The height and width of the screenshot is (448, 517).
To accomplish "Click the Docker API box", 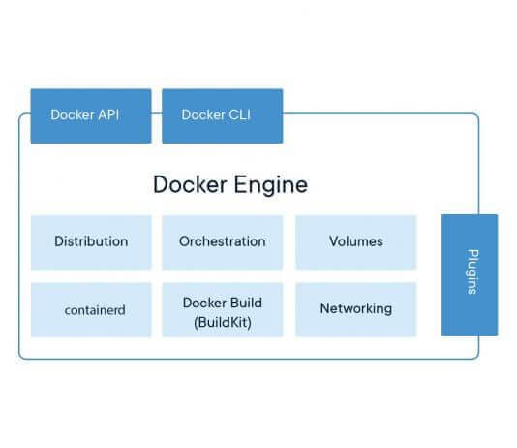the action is pos(91,116).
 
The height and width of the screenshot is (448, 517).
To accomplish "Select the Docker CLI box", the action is pos(223,116).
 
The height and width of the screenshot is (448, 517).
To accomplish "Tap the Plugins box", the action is pos(470,274).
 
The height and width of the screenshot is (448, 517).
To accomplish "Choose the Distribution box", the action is pos(91,242).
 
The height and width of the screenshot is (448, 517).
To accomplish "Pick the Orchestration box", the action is pos(223,242).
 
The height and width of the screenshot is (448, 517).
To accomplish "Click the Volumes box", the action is pos(356,242).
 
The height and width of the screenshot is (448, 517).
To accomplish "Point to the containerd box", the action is pos(91,309).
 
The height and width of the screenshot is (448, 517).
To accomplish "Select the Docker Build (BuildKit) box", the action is pos(223,309).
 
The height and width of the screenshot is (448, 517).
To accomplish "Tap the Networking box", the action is pos(356,309).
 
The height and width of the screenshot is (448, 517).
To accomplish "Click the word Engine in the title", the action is pos(271,185).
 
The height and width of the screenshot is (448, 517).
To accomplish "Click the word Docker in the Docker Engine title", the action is pos(190,184).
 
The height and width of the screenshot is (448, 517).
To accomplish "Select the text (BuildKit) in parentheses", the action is pos(223,322).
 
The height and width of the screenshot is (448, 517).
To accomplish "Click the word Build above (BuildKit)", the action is pos(246,303).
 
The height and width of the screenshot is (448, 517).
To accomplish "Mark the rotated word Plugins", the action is pos(472,272).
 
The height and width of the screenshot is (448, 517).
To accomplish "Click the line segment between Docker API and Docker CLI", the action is pos(157,113).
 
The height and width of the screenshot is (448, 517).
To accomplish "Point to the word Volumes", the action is pos(356,241).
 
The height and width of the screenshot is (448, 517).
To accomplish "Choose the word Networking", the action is pos(356,309).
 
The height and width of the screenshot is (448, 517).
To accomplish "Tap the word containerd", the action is pos(95,310).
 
